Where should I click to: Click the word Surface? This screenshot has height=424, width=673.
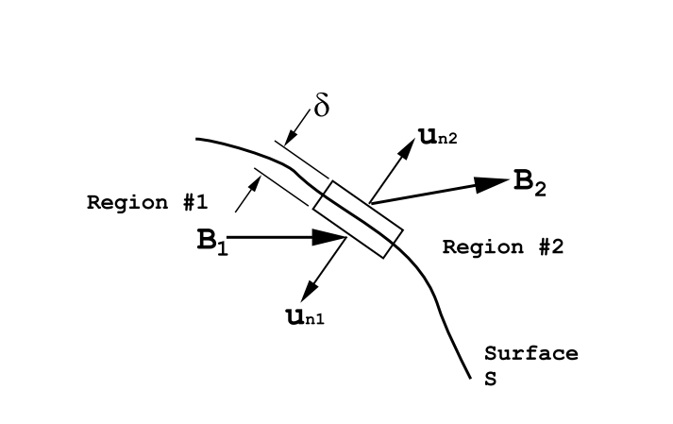[530, 353]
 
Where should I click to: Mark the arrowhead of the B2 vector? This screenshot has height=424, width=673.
[491, 183]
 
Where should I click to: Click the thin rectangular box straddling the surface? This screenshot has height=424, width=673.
[358, 219]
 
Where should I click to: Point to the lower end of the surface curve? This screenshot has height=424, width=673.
[469, 377]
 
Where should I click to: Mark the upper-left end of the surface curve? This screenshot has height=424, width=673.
[198, 139]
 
